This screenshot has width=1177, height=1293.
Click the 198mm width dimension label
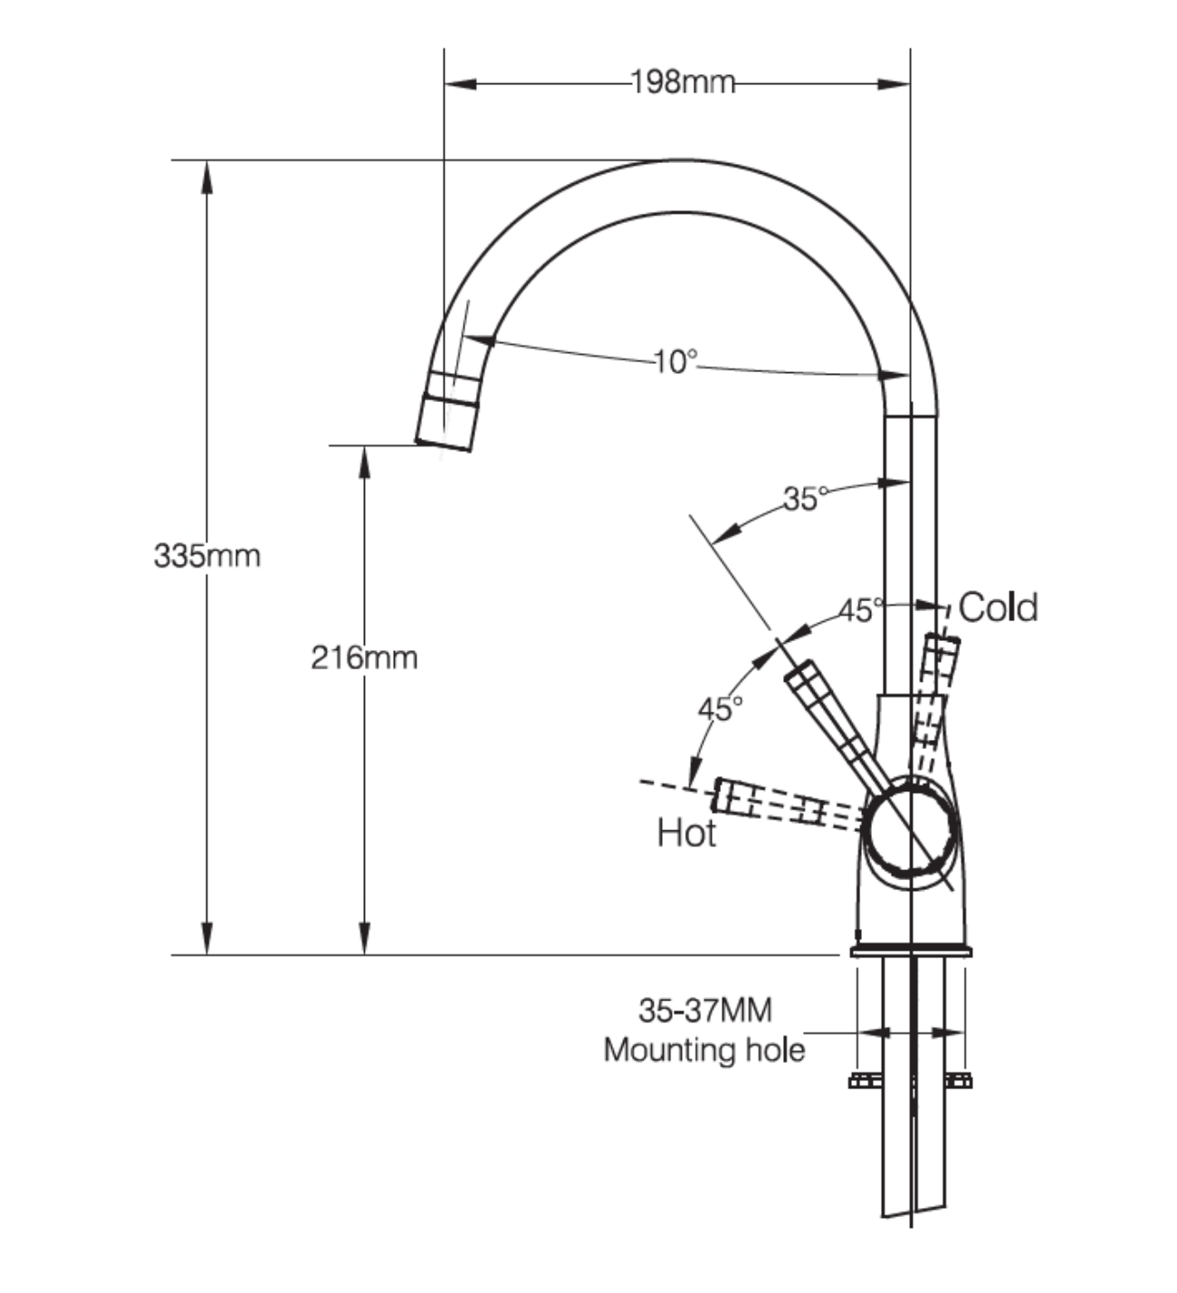(683, 82)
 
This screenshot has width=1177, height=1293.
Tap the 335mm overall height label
(207, 556)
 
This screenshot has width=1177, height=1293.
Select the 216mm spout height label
(364, 658)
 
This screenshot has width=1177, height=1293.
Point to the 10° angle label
(675, 361)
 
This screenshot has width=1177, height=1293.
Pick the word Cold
(998, 608)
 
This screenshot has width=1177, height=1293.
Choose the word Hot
(686, 833)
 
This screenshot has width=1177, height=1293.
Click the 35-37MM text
(705, 1010)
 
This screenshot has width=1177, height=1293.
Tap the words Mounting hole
(704, 1050)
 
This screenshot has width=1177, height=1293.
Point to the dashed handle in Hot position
(788, 803)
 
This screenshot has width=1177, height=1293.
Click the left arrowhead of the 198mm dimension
(460, 84)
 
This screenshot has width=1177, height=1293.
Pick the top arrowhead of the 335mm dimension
(207, 177)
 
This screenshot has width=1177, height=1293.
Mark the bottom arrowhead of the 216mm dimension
(364, 938)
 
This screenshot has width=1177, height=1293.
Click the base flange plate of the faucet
(911, 952)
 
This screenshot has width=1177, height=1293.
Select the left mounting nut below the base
(865, 1081)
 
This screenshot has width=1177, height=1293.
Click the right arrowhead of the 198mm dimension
(894, 84)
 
